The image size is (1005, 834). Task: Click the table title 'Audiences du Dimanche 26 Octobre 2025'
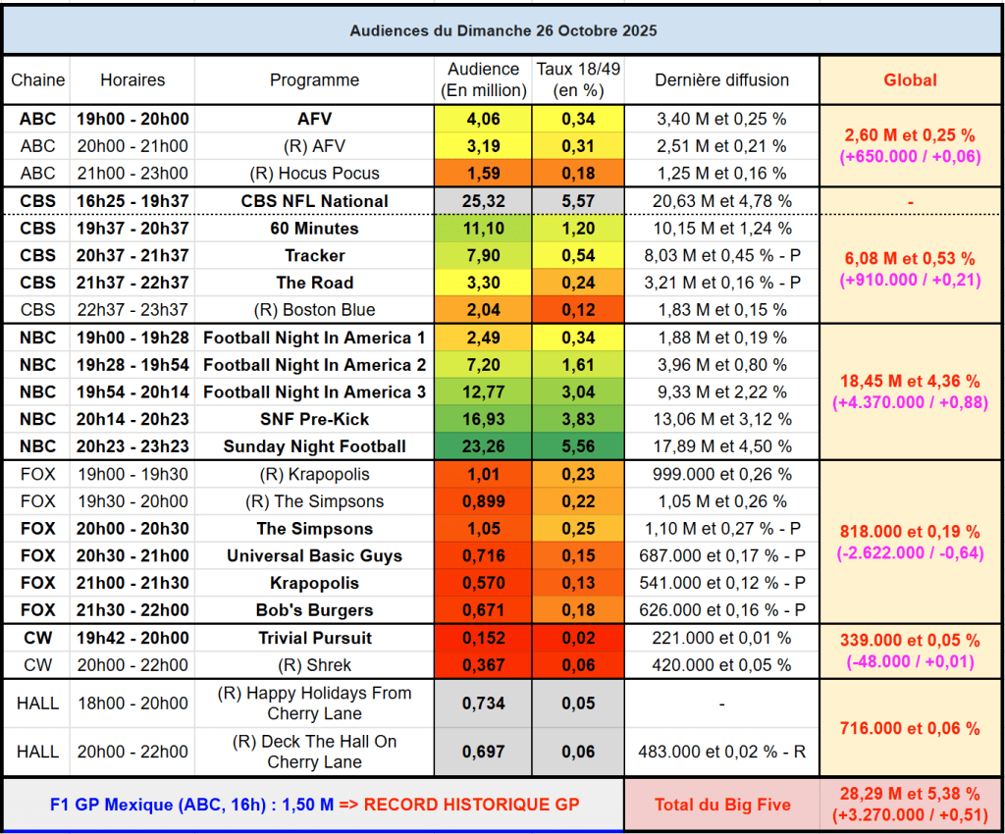pyautogui.click(x=502, y=30)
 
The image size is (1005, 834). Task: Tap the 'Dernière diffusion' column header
pyautogui.click(x=721, y=80)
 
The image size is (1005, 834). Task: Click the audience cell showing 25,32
pyautogui.click(x=482, y=201)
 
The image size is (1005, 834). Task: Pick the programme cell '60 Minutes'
pyautogui.click(x=314, y=229)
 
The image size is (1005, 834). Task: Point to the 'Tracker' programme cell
pyautogui.click(x=314, y=255)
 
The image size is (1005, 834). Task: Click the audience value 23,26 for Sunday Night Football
pyautogui.click(x=482, y=446)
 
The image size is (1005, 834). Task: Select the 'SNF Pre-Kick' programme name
pyautogui.click(x=314, y=419)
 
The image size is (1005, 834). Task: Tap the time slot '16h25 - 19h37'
pyautogui.click(x=132, y=201)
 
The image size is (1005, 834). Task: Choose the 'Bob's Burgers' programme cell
pyautogui.click(x=314, y=610)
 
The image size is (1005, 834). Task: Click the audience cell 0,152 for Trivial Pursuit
pyautogui.click(x=482, y=638)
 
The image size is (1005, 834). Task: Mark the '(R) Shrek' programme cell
pyautogui.click(x=314, y=664)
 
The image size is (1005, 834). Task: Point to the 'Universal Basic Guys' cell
pyautogui.click(x=314, y=555)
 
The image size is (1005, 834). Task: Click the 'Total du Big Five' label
pyautogui.click(x=721, y=805)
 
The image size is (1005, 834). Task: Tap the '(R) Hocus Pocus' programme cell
pyautogui.click(x=314, y=174)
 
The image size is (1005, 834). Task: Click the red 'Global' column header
pyautogui.click(x=910, y=80)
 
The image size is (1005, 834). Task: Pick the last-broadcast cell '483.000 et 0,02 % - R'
pyautogui.click(x=721, y=752)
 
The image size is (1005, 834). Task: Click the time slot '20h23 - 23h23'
pyautogui.click(x=132, y=446)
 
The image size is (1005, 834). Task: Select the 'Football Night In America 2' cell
pyautogui.click(x=314, y=365)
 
